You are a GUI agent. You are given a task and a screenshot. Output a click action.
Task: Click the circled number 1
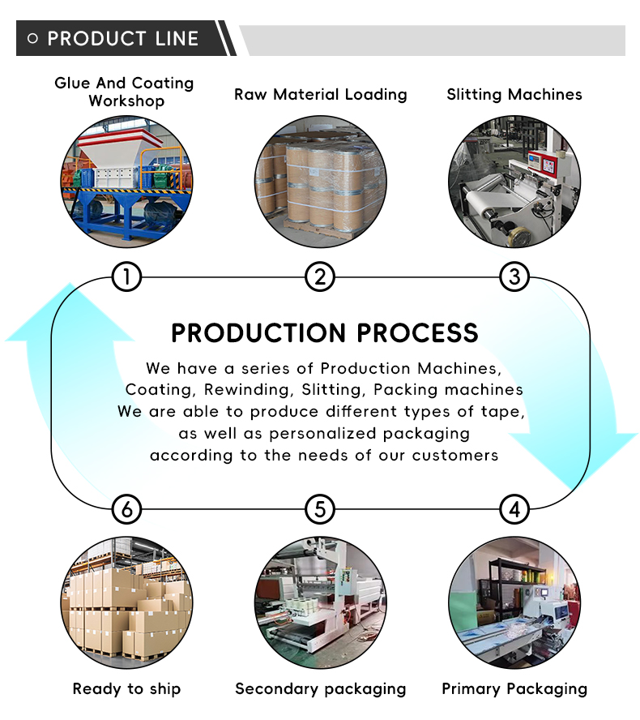click(x=126, y=277)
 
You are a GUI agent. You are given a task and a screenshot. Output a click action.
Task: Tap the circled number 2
click(x=320, y=277)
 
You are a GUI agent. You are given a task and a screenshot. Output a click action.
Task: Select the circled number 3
click(x=514, y=277)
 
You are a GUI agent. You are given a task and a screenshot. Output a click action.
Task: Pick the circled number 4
click(x=514, y=510)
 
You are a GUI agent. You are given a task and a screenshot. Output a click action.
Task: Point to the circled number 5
click(x=320, y=510)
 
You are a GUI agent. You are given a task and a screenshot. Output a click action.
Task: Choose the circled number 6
click(x=126, y=510)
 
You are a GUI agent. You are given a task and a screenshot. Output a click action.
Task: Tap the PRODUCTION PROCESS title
click(x=324, y=332)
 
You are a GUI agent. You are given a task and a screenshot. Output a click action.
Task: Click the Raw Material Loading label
click(x=320, y=94)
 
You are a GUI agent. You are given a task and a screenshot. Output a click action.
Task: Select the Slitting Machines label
click(x=514, y=94)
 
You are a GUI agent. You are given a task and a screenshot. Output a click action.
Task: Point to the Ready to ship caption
click(x=126, y=689)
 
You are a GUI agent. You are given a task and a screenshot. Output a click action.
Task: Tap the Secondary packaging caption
click(x=320, y=689)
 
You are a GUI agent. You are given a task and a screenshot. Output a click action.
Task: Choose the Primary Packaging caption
click(x=514, y=689)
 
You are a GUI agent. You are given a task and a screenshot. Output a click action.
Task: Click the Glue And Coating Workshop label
click(x=125, y=92)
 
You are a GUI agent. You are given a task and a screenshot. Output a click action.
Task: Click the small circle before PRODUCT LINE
click(x=32, y=39)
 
